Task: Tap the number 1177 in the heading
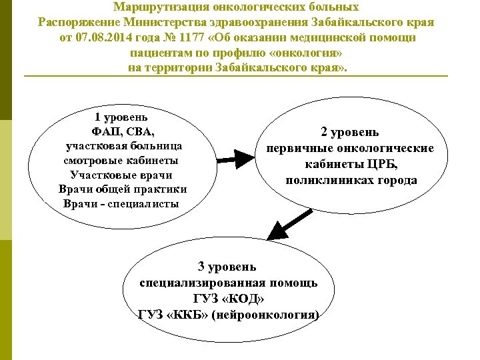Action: click(211, 37)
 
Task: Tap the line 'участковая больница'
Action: click(124, 145)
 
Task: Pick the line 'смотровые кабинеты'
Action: click(121, 160)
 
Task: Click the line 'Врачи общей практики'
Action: click(123, 189)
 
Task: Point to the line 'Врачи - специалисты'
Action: click(121, 203)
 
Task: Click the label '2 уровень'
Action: click(350, 132)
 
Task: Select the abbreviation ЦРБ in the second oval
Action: click(384, 164)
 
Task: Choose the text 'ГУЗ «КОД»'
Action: click(228, 298)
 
